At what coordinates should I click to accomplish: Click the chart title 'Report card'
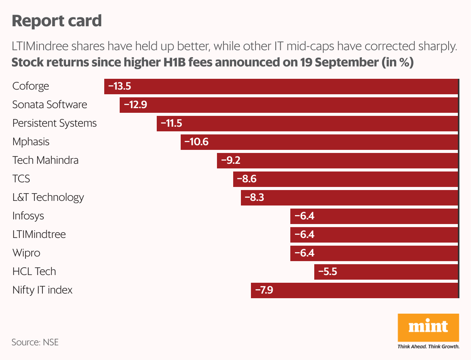(57, 21)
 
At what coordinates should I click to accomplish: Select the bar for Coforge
(281, 86)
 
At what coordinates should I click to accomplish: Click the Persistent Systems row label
(54, 123)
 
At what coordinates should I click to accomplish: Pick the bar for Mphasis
(319, 142)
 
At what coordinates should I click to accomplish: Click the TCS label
(21, 179)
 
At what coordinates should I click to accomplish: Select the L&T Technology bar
(349, 197)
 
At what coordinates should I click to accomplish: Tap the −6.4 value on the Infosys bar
(304, 216)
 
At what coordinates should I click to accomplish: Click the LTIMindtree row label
(39, 234)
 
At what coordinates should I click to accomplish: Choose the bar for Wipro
(374, 253)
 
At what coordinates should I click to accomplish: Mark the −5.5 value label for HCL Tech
(327, 272)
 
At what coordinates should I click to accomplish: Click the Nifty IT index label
(42, 290)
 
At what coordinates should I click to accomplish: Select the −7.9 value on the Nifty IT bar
(263, 290)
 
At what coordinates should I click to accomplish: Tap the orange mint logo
(428, 327)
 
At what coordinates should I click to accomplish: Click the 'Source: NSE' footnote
(35, 342)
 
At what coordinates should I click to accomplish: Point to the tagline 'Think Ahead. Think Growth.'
(428, 346)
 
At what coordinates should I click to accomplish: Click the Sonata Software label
(50, 105)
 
